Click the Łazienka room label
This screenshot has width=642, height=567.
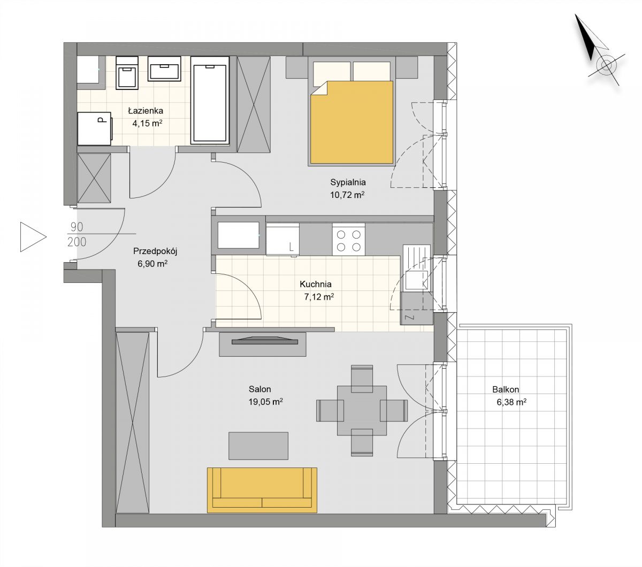pos(146,111)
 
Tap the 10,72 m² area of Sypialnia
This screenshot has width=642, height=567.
pos(347,195)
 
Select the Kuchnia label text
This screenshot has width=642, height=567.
pos(316,284)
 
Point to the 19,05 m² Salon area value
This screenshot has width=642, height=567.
pos(265,402)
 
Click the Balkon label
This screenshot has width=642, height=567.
pos(506,389)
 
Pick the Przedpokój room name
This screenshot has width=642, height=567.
pos(155,251)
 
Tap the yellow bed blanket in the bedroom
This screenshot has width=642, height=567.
pos(351,122)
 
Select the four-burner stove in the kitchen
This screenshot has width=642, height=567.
pos(349,239)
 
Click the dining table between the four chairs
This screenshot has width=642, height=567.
pos(362,410)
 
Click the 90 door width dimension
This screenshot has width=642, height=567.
pos(77,227)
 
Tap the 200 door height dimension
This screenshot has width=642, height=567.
pos(77,242)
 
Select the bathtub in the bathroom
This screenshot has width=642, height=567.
pos(210,101)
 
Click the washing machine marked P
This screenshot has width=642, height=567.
pos(95,128)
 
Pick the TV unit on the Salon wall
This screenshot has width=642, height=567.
pos(263,344)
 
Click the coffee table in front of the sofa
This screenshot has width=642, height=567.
pos(258,446)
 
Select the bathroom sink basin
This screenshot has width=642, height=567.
pos(164,69)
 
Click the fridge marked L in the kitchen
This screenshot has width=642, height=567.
pos(282,239)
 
